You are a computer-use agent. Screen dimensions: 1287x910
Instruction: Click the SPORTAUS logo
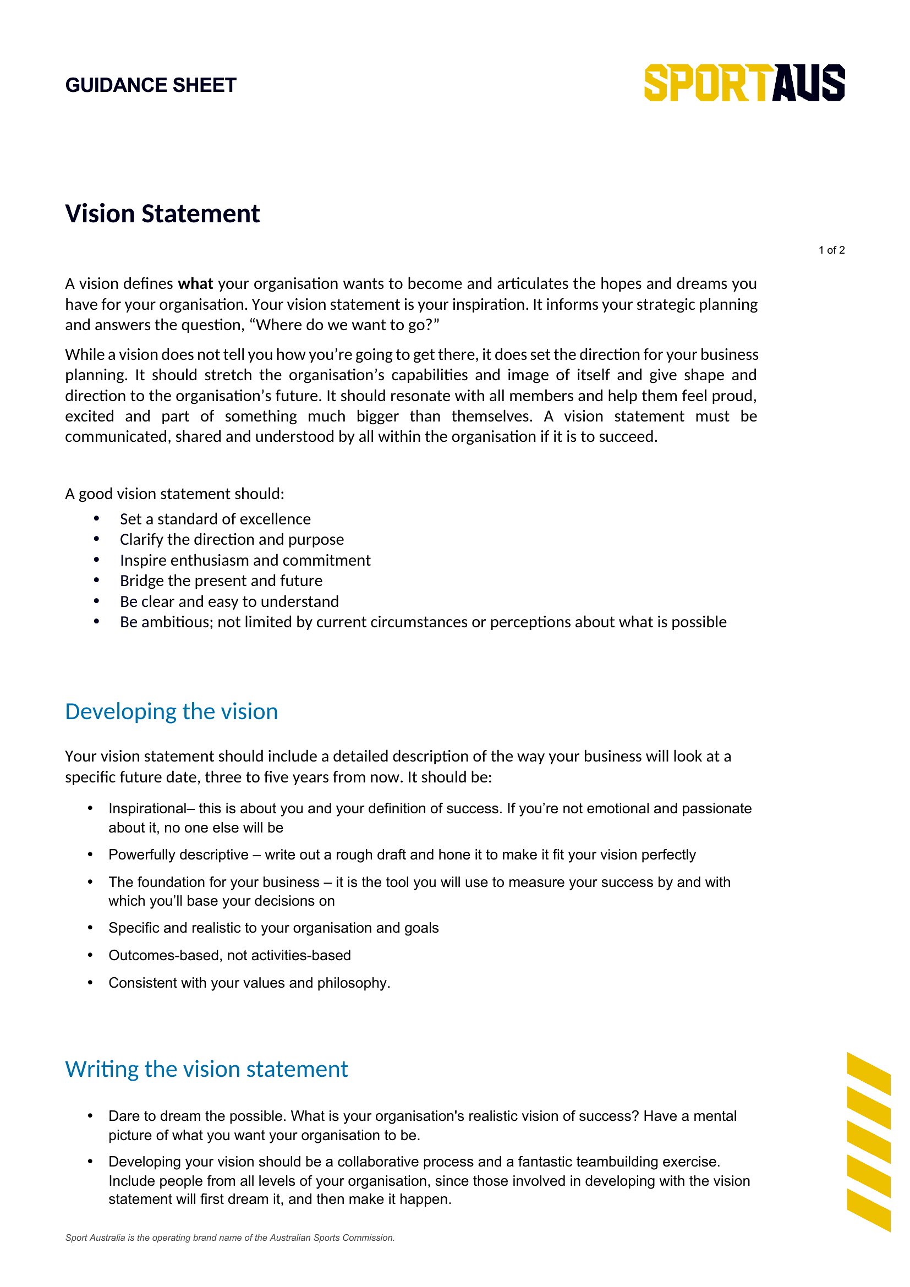[x=744, y=83]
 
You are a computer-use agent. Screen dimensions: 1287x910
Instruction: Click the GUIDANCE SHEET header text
[x=151, y=85]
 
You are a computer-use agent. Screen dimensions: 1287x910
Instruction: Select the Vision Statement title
[x=162, y=213]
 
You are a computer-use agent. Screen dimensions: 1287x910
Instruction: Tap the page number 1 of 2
[x=831, y=250]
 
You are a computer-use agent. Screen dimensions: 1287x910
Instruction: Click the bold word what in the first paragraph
[x=195, y=283]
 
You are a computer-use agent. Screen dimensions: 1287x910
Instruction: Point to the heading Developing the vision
[x=172, y=711]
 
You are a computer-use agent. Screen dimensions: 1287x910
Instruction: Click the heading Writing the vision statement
[x=206, y=1069]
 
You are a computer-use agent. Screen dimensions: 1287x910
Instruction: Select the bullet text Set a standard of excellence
[x=215, y=519]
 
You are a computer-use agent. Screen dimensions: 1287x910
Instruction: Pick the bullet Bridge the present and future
[x=221, y=580]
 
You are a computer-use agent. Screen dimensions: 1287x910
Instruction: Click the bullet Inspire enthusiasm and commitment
[x=245, y=560]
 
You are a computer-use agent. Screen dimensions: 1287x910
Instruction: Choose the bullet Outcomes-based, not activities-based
[x=229, y=955]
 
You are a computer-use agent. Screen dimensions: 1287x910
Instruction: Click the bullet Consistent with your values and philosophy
[x=249, y=983]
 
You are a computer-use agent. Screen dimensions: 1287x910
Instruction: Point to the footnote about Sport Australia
[x=230, y=1237]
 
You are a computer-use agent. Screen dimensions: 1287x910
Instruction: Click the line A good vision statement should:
[x=175, y=494]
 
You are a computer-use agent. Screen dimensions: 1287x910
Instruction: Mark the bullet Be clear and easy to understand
[x=229, y=601]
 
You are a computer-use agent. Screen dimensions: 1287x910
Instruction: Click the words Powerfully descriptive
[x=178, y=855]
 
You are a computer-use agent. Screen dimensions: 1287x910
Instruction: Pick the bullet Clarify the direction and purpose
[x=232, y=539]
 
